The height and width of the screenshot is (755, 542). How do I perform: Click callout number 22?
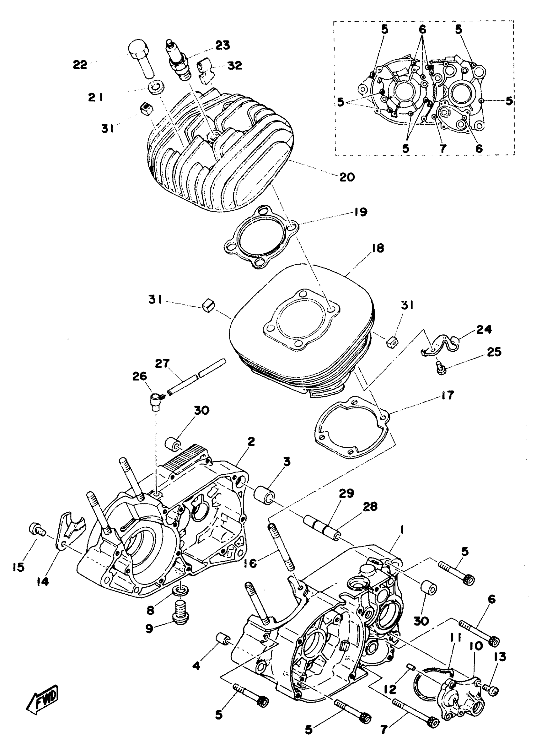[x=80, y=64]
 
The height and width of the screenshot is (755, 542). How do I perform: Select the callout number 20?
[x=347, y=177]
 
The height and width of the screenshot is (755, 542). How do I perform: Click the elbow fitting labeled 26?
[x=155, y=399]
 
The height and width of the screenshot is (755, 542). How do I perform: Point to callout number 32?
[x=234, y=65]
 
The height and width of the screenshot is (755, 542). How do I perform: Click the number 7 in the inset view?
[x=443, y=148]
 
